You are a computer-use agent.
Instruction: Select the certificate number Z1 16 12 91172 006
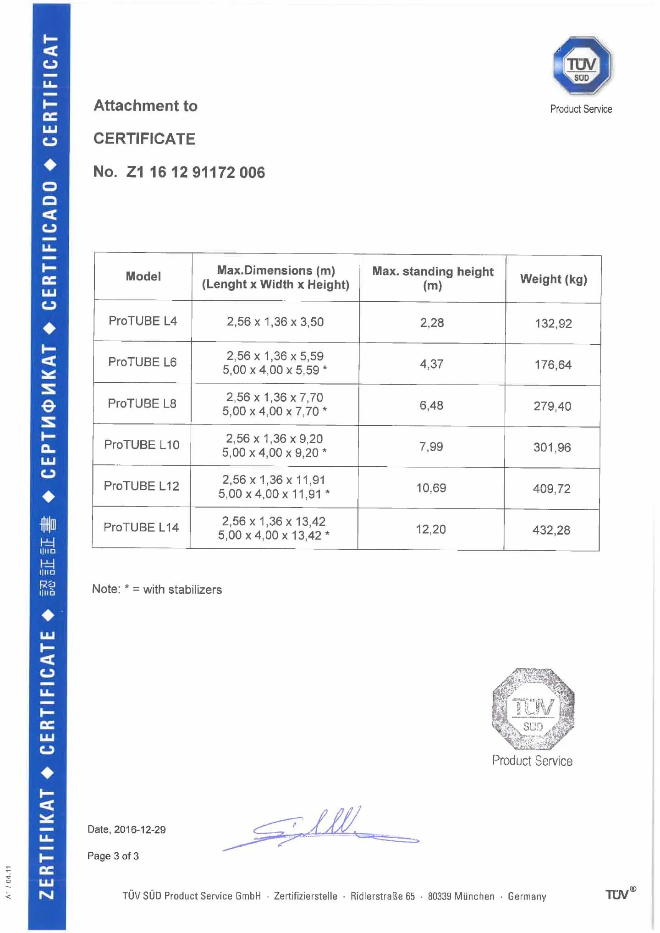click(x=196, y=172)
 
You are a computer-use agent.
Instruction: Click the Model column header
click(x=143, y=276)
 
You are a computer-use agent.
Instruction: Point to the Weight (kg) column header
click(x=553, y=279)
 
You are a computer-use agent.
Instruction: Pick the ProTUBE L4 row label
click(x=143, y=321)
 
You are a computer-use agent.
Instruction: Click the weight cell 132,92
click(x=553, y=324)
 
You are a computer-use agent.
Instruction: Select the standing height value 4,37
click(x=431, y=364)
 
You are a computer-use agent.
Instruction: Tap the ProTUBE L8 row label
click(x=142, y=403)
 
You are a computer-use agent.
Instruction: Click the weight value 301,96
click(x=552, y=447)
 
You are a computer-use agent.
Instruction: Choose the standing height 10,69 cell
click(x=431, y=488)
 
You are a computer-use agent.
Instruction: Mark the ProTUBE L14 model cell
click(x=141, y=527)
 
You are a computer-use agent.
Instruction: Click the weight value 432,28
click(x=551, y=530)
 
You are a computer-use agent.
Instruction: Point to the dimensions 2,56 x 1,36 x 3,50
click(x=275, y=322)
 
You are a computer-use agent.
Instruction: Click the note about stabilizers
click(x=157, y=589)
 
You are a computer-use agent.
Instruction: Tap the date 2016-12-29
click(x=139, y=829)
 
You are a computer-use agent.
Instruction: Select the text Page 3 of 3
click(x=113, y=856)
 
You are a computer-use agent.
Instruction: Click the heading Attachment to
click(x=145, y=106)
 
